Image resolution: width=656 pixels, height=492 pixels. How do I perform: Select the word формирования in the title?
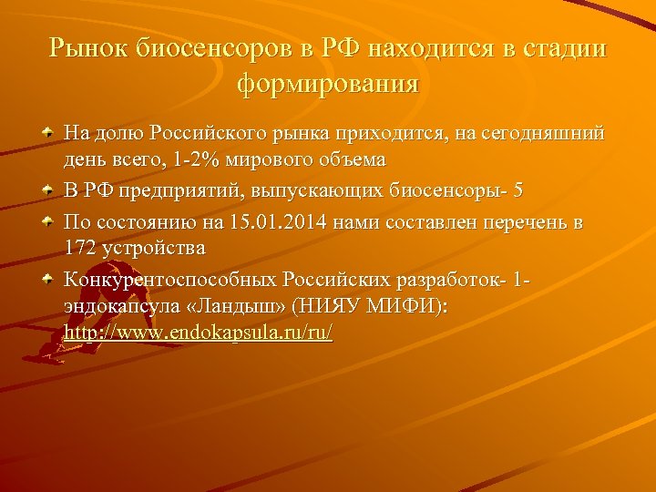[328, 85]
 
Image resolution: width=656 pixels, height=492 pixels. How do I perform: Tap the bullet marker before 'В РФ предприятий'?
[47, 192]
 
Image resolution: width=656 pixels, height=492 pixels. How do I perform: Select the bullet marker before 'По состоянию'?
[47, 221]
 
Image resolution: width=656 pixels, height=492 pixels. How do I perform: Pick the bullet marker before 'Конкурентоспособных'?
[47, 280]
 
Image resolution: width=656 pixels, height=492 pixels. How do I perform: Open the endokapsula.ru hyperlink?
[199, 333]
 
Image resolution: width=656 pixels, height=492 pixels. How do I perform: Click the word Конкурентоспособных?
[170, 280]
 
